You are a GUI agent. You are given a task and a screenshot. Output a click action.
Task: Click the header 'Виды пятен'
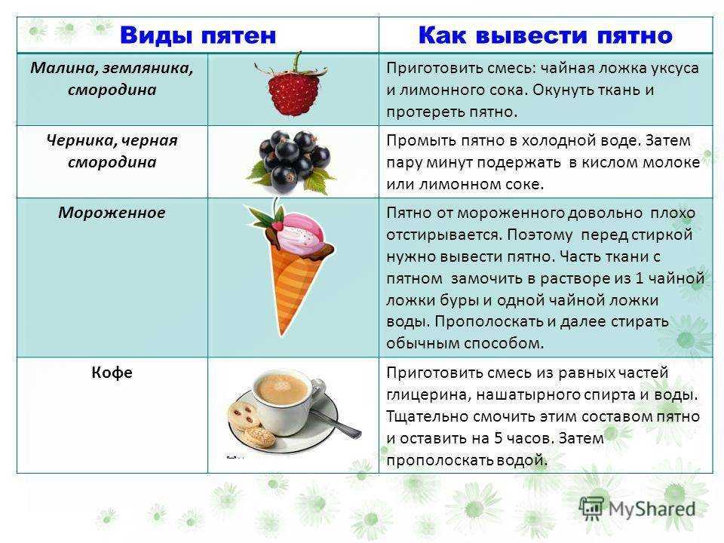pyautogui.click(x=198, y=35)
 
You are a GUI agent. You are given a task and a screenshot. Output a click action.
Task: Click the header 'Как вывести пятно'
pyautogui.click(x=545, y=35)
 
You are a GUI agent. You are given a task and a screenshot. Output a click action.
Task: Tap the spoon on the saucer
pyautogui.click(x=337, y=422)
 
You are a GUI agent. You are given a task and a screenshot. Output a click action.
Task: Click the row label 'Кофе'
pyautogui.click(x=112, y=372)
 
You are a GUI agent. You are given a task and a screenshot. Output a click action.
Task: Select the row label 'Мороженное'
pyautogui.click(x=112, y=213)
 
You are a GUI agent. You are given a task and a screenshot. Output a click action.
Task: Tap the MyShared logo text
pyautogui.click(x=652, y=509)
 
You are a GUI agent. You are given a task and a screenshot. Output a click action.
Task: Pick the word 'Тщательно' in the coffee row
pyautogui.click(x=425, y=416)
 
